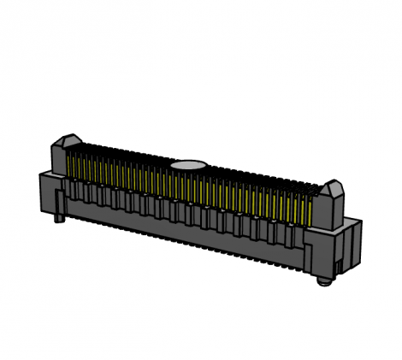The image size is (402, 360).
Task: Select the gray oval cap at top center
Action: [187, 164]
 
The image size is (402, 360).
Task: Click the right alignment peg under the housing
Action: [322, 278]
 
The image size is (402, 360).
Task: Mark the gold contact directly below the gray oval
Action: [187, 185]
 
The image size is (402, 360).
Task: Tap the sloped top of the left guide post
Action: [70, 139]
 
